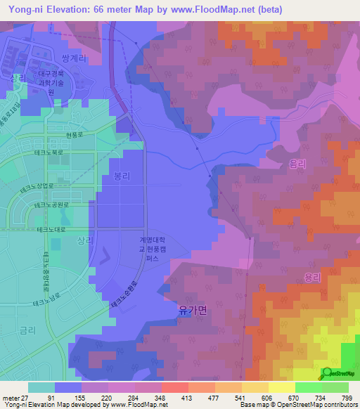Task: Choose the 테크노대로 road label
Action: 50,229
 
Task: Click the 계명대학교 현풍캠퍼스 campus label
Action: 154,249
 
